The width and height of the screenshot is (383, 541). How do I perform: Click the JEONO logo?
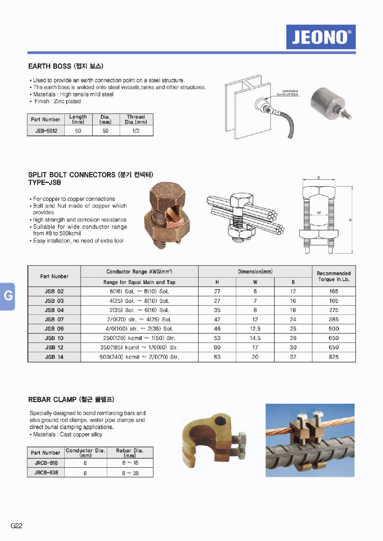(321, 37)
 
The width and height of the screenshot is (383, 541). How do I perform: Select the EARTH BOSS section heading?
(66, 66)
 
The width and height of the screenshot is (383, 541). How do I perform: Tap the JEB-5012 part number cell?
(46, 130)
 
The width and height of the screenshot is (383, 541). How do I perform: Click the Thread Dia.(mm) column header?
(136, 119)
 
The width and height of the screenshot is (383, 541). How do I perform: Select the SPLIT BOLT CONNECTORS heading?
(90, 175)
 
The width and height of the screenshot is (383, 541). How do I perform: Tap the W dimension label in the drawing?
(319, 213)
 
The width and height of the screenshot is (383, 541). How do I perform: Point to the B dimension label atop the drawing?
(319, 177)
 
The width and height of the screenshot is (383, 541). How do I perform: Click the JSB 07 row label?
(54, 319)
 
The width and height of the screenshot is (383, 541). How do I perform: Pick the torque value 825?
(334, 357)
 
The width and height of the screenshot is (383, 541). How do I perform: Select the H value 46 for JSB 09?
(217, 329)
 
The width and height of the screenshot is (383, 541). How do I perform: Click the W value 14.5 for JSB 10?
(255, 338)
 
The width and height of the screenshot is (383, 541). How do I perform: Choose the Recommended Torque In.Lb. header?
(334, 276)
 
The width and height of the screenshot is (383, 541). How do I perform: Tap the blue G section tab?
(8, 296)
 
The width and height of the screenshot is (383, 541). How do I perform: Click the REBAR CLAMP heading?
(71, 399)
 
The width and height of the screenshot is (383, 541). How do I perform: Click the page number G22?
(17, 526)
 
